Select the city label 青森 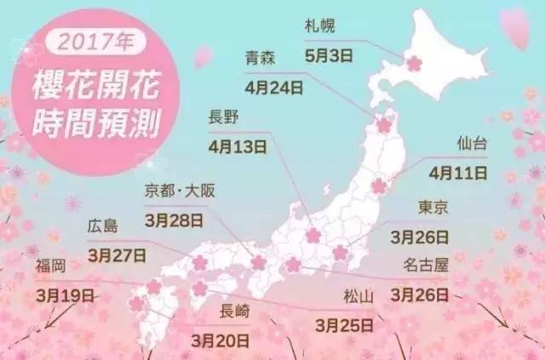pyautogui.click(x=260, y=59)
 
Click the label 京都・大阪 pyautogui.click(x=181, y=191)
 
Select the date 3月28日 pyautogui.click(x=175, y=219)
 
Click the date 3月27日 pyautogui.click(x=116, y=254)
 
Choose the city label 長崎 pyautogui.click(x=235, y=311)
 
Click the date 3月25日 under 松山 pyautogui.click(x=344, y=323)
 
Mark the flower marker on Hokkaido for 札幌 pyautogui.click(x=414, y=63)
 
